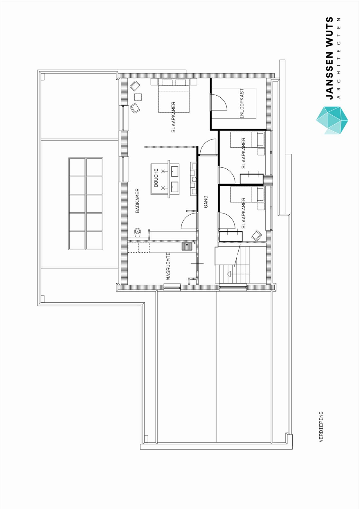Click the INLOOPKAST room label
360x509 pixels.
(x=242, y=103)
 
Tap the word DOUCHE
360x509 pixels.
(x=156, y=178)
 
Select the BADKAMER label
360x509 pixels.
(x=137, y=201)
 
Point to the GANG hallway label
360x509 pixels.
(x=206, y=202)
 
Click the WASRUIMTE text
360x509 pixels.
(x=168, y=266)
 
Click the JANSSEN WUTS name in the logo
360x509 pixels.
(x=329, y=58)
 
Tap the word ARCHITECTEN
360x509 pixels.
(x=339, y=58)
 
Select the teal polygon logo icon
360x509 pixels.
(x=332, y=120)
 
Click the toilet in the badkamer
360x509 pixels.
(x=138, y=232)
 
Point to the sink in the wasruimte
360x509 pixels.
(x=187, y=246)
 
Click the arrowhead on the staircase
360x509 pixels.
(x=229, y=274)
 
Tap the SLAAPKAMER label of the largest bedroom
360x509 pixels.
(x=173, y=117)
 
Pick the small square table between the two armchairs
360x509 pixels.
(x=138, y=97)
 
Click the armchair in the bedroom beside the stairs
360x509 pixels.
(x=256, y=235)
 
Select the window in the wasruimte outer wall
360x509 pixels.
(x=172, y=288)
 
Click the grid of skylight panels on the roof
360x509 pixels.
(x=86, y=204)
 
